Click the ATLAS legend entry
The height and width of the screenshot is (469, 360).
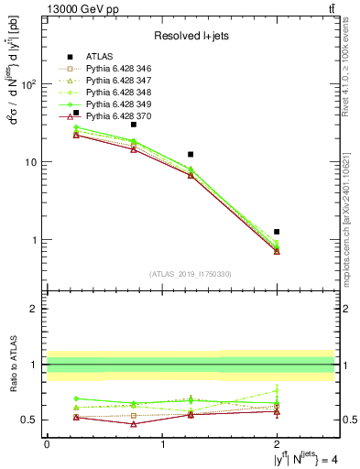(99, 56)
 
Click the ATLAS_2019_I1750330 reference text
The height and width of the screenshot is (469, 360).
(191, 274)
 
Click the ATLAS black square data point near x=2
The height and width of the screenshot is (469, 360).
(277, 232)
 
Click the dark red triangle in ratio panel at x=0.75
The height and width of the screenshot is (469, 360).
(134, 424)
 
